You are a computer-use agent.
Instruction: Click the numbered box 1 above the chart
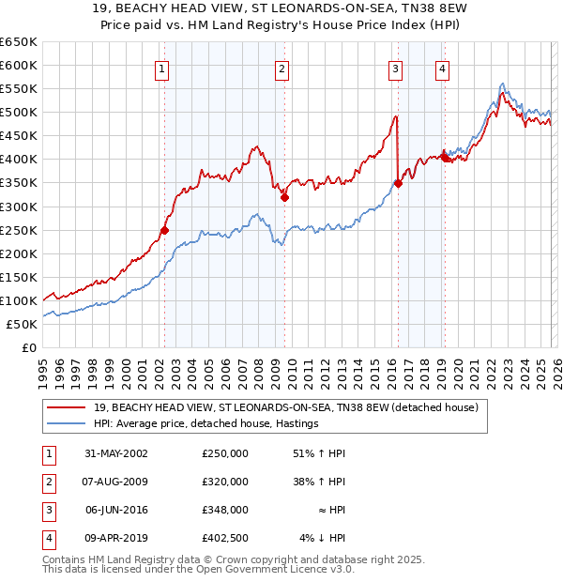pyautogui.click(x=163, y=69)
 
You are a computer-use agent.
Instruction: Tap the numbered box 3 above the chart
pyautogui.click(x=396, y=69)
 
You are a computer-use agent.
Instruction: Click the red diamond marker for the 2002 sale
pyautogui.click(x=164, y=230)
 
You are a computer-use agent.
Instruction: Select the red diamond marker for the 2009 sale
pyautogui.click(x=283, y=197)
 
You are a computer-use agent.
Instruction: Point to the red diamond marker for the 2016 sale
pyautogui.click(x=398, y=184)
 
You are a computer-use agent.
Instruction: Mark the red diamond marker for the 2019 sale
pyautogui.click(x=445, y=158)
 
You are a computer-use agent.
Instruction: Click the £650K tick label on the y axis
pyautogui.click(x=19, y=42)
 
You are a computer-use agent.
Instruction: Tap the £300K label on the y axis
pyautogui.click(x=19, y=207)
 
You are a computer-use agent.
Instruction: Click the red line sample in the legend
pyautogui.click(x=66, y=407)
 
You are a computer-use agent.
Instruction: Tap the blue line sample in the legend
pyautogui.click(x=66, y=423)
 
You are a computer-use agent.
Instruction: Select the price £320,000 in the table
pyautogui.click(x=225, y=482)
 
